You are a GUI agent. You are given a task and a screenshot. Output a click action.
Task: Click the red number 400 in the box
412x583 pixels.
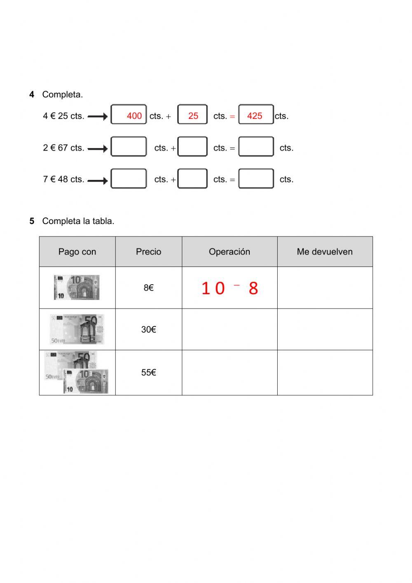click(134, 116)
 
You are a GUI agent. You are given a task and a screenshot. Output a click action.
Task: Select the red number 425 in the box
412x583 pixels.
click(255, 116)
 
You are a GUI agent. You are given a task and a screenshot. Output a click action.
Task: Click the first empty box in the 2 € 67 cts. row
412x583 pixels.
click(129, 147)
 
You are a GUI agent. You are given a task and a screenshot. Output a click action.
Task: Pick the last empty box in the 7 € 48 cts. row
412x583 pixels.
click(256, 179)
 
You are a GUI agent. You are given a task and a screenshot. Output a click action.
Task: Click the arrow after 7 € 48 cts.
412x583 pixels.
click(98, 180)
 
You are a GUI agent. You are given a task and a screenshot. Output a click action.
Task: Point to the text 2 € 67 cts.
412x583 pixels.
click(63, 148)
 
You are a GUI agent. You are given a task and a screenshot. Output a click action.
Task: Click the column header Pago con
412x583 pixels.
click(77, 252)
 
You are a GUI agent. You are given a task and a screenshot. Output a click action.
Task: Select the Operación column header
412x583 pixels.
click(229, 252)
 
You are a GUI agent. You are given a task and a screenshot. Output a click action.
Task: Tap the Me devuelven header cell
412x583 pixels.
click(325, 252)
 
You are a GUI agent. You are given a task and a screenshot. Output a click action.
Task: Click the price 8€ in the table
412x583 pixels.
click(148, 288)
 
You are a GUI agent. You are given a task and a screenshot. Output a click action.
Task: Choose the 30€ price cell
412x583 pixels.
click(148, 330)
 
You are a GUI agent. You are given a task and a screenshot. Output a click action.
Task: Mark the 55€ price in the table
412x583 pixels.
click(148, 373)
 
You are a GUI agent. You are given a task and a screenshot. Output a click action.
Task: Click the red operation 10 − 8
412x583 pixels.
click(229, 288)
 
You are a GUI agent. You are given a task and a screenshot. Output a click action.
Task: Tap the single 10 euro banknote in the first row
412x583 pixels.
click(77, 288)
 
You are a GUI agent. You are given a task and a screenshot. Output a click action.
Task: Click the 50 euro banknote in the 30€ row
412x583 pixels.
click(77, 329)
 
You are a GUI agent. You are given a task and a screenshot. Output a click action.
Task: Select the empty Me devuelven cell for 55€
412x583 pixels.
click(325, 373)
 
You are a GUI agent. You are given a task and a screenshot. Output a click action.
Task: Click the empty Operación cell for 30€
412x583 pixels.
click(229, 330)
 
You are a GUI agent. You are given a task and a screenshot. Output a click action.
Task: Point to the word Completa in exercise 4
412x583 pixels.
click(62, 94)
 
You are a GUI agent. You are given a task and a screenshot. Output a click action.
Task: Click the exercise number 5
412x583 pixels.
click(32, 221)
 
